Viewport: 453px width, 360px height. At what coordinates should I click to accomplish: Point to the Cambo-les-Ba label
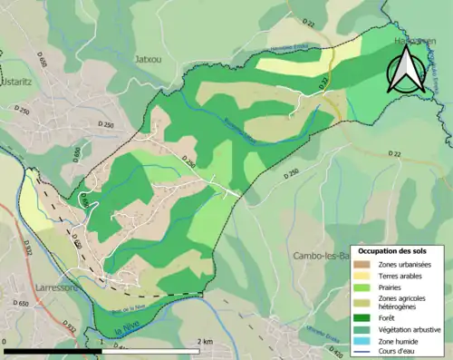320,257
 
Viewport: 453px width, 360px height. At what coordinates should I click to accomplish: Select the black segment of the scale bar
54,351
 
